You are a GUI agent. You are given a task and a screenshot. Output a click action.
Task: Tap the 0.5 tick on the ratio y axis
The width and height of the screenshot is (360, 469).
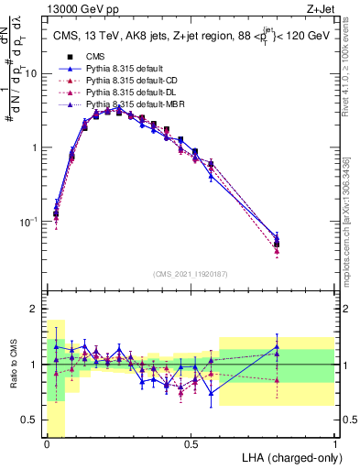[33, 420]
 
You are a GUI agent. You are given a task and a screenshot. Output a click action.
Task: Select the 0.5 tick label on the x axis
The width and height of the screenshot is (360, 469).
[191, 444]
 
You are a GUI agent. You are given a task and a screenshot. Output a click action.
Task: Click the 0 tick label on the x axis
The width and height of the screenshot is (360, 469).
[47, 444]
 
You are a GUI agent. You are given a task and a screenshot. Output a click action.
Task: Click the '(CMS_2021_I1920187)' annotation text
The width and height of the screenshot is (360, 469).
[191, 273]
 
